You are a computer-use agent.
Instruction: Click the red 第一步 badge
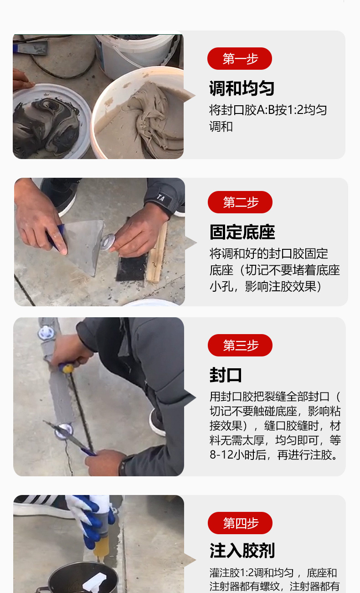(240, 58)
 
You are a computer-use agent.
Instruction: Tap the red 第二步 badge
(240, 202)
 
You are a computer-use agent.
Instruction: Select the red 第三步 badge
(240, 345)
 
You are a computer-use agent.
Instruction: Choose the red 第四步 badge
(240, 523)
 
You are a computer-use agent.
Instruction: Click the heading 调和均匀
(242, 88)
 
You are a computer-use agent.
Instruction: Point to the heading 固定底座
(242, 232)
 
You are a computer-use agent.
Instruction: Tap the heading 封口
(226, 375)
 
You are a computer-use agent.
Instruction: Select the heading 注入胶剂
(242, 551)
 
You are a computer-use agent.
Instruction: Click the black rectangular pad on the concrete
(132, 268)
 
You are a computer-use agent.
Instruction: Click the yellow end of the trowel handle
(68, 369)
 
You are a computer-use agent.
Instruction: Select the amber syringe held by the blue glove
(101, 545)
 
